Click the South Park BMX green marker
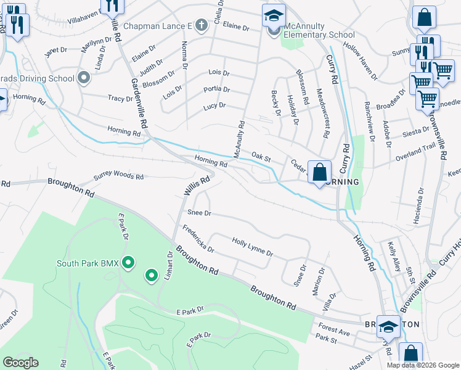128,263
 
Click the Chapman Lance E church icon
200,26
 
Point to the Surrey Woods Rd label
118,176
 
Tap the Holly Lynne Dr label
252,247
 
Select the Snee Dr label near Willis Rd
199,213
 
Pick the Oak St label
261,157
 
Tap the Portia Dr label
216,89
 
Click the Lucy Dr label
214,106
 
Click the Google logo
20,362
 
